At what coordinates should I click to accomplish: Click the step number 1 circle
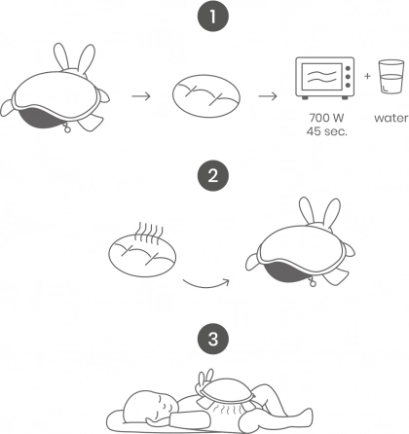point(213,17)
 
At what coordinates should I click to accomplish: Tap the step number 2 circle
point(213,176)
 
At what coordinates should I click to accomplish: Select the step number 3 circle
point(213,339)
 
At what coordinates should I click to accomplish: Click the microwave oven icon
point(325,78)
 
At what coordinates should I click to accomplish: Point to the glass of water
point(390,77)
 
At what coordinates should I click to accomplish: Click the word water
point(391,118)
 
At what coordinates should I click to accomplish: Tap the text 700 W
point(326,118)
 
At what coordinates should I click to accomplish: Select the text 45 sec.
point(326,131)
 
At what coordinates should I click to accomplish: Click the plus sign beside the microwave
point(367,76)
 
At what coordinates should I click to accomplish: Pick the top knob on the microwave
point(349,69)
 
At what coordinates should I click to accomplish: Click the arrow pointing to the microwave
point(268,96)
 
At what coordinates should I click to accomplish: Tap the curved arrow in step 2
point(205,283)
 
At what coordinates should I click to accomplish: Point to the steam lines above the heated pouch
point(149,234)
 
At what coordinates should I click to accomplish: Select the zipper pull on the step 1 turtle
point(67,128)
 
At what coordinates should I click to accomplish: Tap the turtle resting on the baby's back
point(224,389)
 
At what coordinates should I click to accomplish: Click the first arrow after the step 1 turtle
point(141,96)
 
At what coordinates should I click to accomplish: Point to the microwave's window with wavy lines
point(321,77)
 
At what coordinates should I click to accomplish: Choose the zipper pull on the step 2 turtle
point(313,282)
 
